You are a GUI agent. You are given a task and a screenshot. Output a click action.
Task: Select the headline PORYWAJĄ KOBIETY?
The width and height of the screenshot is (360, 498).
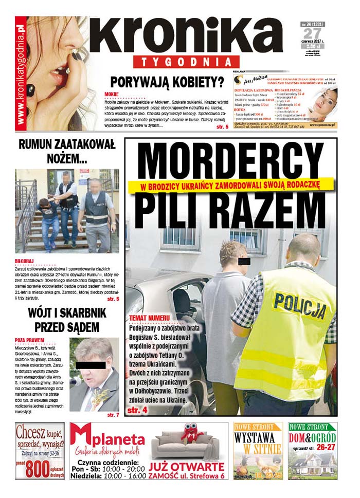click(x=167, y=82)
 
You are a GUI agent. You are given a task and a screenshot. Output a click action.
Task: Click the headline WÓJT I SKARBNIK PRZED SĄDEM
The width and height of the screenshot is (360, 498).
click(x=67, y=319)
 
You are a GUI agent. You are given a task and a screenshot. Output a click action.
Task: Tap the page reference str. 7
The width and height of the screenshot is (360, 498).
click(x=113, y=414)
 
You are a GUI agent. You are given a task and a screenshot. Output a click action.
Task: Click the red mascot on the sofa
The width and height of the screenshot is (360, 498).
click(x=190, y=434)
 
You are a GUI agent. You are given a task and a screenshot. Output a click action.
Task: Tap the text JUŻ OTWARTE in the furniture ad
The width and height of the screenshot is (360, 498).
click(x=186, y=467)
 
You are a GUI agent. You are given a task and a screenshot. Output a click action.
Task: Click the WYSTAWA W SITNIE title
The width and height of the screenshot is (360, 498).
click(x=258, y=443)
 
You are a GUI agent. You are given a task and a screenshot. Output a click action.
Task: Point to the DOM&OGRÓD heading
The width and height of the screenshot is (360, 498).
click(x=313, y=437)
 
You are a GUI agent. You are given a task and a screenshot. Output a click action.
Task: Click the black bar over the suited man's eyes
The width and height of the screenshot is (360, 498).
click(x=90, y=365)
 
